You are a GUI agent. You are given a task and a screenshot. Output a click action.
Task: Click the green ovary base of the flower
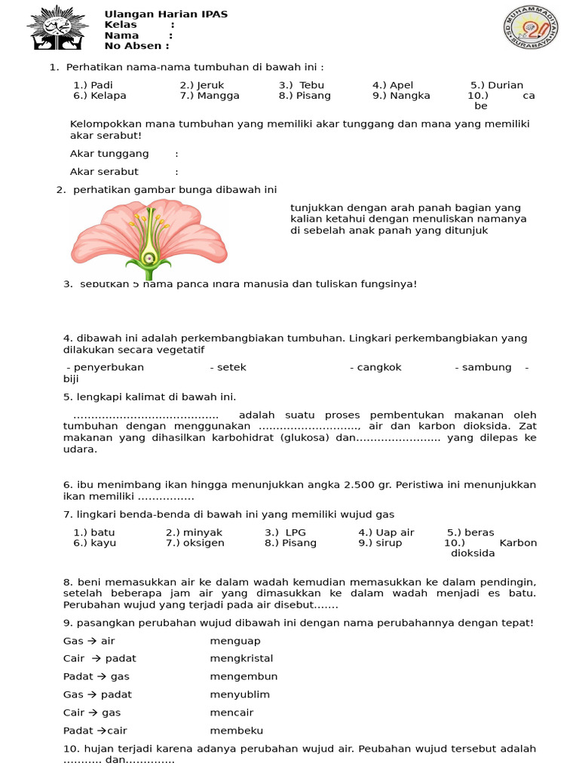(x=149, y=259)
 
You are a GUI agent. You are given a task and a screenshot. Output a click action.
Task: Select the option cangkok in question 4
(x=381, y=367)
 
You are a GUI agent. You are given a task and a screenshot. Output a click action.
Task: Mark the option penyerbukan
(x=109, y=367)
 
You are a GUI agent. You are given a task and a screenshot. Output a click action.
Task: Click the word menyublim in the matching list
(x=240, y=694)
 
